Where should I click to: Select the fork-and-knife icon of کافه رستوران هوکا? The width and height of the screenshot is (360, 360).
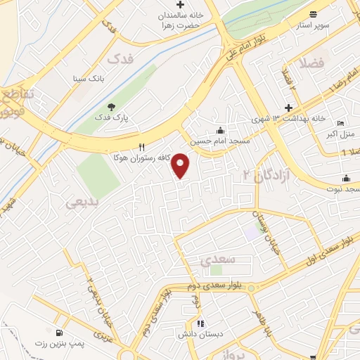pyautogui.click(x=142, y=147)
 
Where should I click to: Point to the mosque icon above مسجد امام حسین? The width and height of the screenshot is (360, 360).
pyautogui.click(x=221, y=131)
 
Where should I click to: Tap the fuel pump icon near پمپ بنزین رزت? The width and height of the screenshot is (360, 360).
pyautogui.click(x=57, y=333)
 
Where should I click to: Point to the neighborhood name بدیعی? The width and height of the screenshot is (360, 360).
pyautogui.click(x=84, y=202)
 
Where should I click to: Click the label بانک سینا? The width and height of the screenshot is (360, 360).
pyautogui.click(x=87, y=79)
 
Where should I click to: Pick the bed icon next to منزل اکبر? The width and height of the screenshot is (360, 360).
pyautogui.click(x=341, y=123)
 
